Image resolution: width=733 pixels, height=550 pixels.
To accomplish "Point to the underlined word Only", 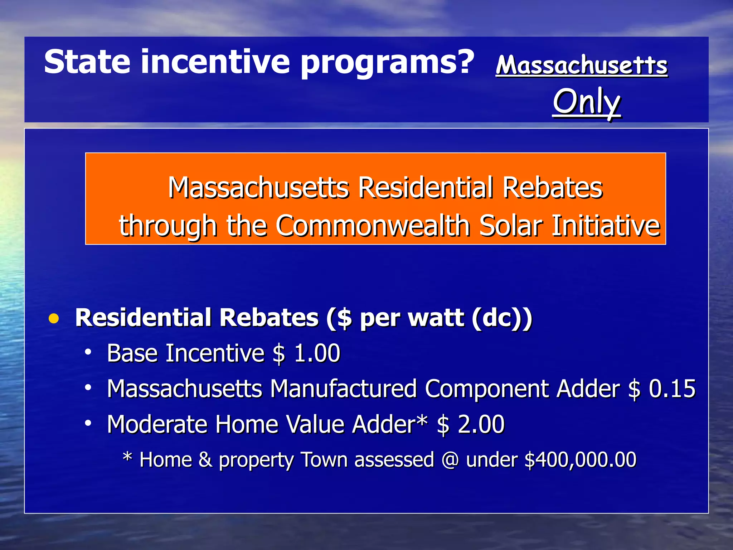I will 586,102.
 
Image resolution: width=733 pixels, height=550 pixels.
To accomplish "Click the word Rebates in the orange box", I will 552,188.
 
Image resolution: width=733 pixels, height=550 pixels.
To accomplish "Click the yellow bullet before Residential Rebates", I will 54,318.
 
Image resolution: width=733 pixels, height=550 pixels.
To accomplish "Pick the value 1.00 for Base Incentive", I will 317,353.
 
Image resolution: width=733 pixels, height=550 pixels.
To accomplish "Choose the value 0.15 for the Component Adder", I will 672,389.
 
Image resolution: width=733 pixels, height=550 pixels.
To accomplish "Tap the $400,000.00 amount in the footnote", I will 580,459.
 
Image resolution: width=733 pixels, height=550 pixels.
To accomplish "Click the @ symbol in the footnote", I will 450,459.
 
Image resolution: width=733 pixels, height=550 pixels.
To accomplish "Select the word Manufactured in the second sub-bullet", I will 343,389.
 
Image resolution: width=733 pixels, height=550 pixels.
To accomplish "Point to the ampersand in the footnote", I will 205,459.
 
